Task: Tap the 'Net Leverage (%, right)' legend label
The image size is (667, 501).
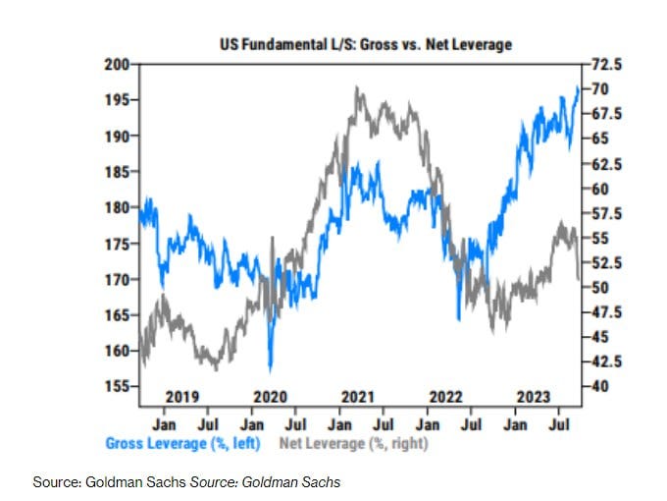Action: click(354, 443)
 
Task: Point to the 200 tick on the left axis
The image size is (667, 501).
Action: click(118, 64)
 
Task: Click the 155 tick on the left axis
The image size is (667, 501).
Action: click(118, 386)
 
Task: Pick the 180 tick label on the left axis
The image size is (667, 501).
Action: click(118, 207)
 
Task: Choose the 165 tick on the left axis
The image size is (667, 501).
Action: click(118, 314)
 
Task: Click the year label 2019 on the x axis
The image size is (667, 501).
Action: click(183, 397)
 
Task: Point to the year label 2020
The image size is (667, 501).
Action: click(270, 397)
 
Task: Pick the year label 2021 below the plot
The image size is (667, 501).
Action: click(358, 397)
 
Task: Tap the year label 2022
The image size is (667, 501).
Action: click(445, 397)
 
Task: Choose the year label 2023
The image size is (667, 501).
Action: click(533, 397)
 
